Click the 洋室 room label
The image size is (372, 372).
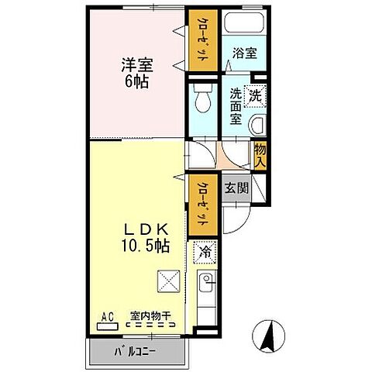point(133,65)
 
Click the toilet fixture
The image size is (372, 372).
point(203,98)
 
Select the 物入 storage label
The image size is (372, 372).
point(260,156)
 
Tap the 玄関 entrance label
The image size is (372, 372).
point(236,187)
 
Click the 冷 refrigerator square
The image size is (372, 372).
point(206,251)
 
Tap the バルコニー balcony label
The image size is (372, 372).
point(138,350)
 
